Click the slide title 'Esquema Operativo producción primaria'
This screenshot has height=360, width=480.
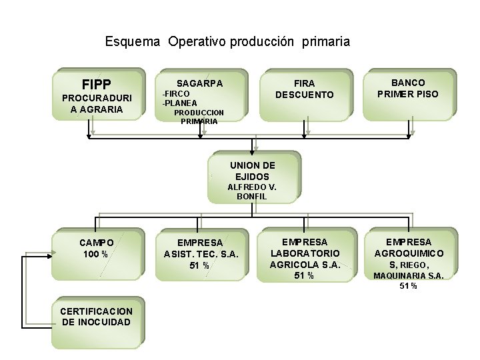point(227,42)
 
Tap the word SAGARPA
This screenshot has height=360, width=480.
point(200,83)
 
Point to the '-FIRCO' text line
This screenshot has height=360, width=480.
point(177,94)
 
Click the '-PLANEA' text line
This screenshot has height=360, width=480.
point(180,103)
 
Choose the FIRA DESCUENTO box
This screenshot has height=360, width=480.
point(305,95)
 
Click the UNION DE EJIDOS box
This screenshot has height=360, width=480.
point(253,177)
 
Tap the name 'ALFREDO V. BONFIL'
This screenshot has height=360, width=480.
point(252,192)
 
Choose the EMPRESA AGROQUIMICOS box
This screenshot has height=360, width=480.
point(409,257)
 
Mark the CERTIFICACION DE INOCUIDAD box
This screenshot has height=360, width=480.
point(97,322)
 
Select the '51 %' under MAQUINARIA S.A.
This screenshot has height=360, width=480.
point(408,287)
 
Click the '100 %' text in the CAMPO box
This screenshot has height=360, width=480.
point(97,255)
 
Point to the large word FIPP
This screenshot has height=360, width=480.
point(97,85)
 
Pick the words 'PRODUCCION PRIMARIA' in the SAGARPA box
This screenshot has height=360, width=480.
point(199,117)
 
